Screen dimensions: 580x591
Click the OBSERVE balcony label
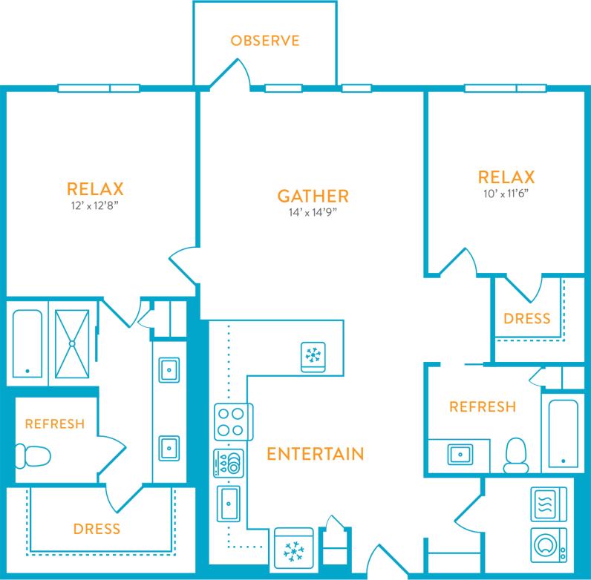click(x=264, y=40)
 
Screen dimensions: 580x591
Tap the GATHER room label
click(x=313, y=197)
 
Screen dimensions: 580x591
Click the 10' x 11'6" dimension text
click(x=506, y=194)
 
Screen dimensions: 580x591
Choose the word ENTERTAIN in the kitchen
click(x=315, y=452)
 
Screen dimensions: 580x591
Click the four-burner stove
click(x=232, y=422)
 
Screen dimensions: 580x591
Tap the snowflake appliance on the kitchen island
click(x=312, y=356)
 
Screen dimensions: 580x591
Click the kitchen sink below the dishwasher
click(x=228, y=505)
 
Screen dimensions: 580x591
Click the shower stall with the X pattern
click(x=73, y=343)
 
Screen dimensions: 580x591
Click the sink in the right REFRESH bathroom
click(x=459, y=452)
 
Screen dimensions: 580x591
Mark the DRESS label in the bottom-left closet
click(x=97, y=529)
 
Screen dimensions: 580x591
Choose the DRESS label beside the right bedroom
click(x=527, y=318)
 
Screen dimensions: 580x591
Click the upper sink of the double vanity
click(x=168, y=368)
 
